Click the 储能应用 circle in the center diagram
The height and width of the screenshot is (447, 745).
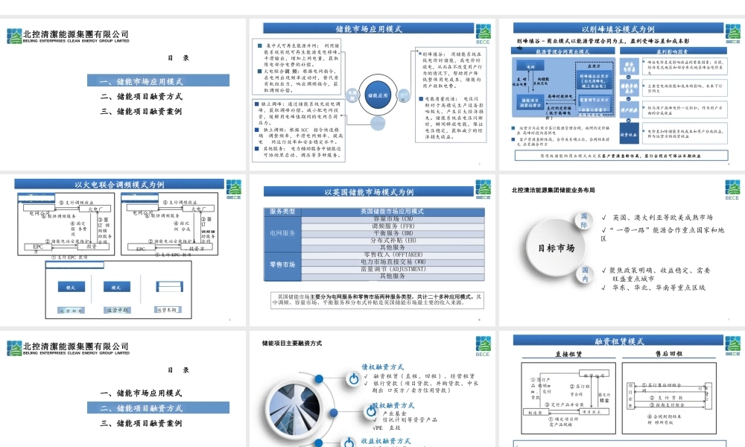(x=379, y=95)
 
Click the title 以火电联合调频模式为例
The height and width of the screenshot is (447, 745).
(x=118, y=184)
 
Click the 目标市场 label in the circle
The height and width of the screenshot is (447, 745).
(x=556, y=248)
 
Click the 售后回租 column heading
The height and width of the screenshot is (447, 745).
(x=668, y=354)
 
